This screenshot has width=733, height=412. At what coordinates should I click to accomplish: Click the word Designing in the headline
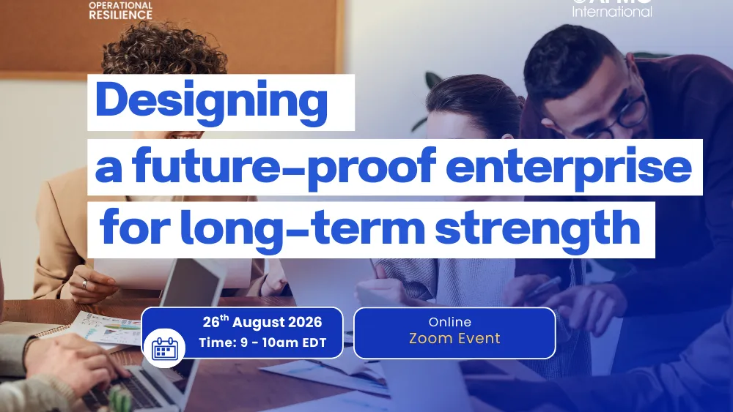tap(211, 102)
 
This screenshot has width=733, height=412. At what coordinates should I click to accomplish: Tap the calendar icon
tap(165, 347)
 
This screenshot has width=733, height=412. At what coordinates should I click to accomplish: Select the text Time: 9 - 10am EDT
tap(262, 342)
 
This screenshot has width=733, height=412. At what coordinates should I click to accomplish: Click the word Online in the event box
tap(450, 322)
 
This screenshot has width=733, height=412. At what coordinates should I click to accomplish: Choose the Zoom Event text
tap(454, 339)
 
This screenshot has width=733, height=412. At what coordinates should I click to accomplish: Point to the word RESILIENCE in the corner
tap(120, 15)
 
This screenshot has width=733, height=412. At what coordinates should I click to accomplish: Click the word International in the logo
tap(611, 12)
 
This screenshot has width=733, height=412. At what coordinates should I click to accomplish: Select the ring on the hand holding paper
tap(84, 283)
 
